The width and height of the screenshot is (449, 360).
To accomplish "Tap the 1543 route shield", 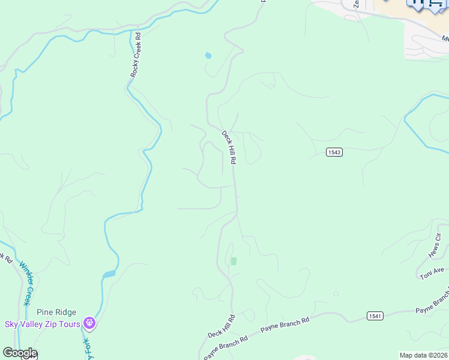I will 334,152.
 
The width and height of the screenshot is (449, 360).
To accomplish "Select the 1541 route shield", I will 375,316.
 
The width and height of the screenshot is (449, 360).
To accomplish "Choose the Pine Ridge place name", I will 56,312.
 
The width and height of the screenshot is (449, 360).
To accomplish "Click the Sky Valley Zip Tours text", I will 43,324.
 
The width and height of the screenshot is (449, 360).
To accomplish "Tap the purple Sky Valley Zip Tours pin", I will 90,324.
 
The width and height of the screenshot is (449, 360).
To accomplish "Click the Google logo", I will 20,353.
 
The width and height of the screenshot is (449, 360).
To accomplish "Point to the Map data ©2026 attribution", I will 423,355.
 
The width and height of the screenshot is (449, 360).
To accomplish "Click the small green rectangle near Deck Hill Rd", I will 234,261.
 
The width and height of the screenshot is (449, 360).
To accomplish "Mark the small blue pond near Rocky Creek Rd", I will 208,55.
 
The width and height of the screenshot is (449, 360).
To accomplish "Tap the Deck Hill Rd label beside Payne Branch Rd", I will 221,325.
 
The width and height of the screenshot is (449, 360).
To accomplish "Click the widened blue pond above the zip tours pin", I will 109,274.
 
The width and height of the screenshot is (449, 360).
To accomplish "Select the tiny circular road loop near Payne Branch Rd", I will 336,294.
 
